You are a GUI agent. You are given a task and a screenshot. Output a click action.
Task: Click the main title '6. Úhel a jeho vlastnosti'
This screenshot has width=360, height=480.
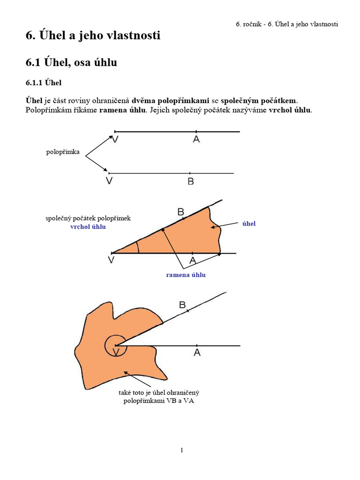point(93,35)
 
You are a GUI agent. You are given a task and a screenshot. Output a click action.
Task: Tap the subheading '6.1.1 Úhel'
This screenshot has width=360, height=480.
point(44,83)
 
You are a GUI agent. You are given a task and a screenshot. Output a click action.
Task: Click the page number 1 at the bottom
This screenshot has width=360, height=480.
point(182,450)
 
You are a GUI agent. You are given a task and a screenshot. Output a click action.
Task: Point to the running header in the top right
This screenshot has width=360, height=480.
point(287,24)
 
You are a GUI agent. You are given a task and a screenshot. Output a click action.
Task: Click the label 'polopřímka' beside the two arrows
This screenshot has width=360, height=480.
point(63,152)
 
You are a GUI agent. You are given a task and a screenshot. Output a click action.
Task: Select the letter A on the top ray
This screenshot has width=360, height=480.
point(196,139)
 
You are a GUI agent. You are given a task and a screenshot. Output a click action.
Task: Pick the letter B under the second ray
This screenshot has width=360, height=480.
point(191,181)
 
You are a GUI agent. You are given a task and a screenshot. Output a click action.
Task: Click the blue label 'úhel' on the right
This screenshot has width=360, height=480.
point(249,224)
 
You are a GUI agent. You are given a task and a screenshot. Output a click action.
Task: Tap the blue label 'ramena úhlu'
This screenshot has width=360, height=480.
point(186,275)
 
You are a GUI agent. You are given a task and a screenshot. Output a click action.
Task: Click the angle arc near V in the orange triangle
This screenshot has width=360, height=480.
point(137,247)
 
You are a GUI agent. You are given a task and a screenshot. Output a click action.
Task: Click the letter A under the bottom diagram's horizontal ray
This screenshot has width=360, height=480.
point(197,352)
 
